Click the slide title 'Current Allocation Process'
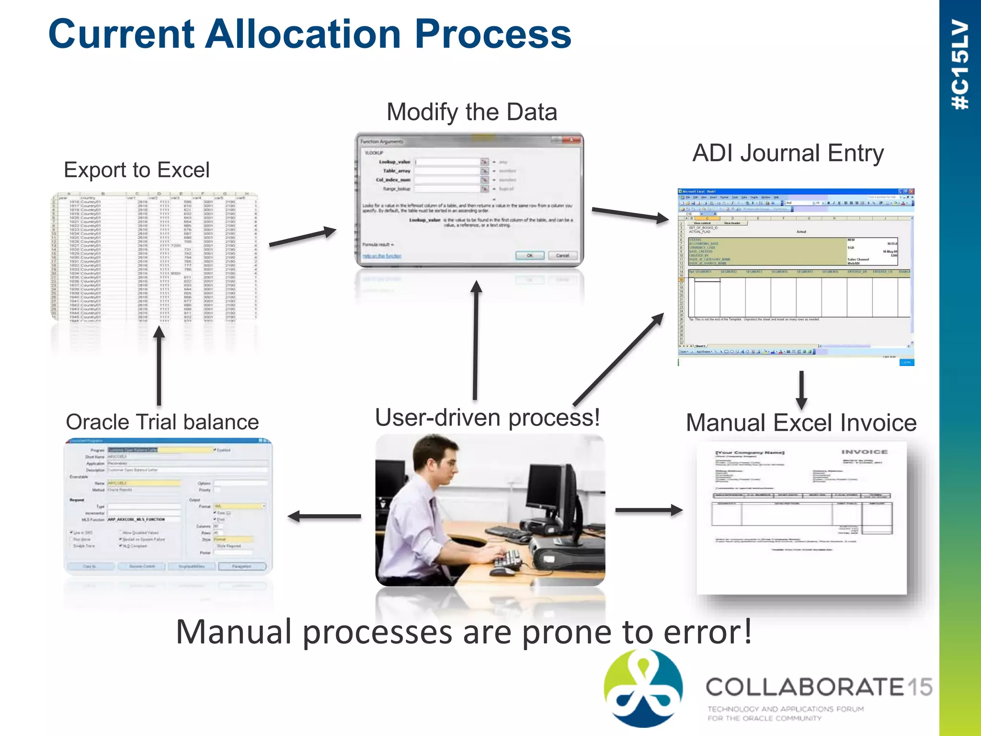[x=310, y=34]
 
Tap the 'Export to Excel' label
[x=137, y=170]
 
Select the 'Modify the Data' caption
[x=472, y=112]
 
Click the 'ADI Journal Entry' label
[x=788, y=153]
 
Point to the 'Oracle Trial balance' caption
[x=162, y=422]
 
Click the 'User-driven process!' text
[x=487, y=417]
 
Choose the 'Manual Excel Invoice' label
[x=801, y=423]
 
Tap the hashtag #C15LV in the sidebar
[x=960, y=65]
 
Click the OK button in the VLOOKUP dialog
[x=529, y=255]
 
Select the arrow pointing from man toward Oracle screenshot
[x=324, y=516]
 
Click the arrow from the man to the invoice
[x=649, y=510]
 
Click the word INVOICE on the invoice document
[x=864, y=452]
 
